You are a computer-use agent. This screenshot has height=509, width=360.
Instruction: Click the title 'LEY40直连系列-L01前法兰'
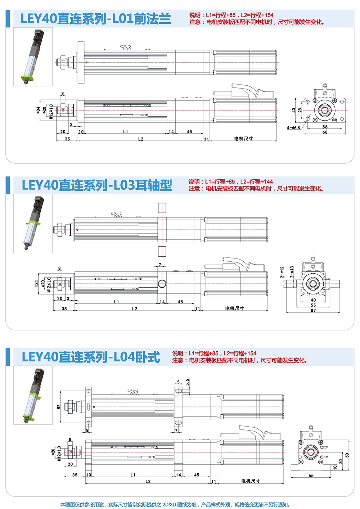tap(96, 19)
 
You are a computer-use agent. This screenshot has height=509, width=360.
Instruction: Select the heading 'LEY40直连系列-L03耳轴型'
tap(97, 185)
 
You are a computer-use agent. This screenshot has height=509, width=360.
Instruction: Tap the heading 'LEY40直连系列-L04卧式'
tap(91, 357)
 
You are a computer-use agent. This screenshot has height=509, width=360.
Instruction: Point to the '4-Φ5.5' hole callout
tap(293, 128)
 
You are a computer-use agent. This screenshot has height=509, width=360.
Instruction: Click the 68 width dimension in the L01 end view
tap(325, 132)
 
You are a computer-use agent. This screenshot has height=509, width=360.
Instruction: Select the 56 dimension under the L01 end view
tap(325, 127)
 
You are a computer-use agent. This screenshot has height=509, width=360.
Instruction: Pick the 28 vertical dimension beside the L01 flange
tap(300, 110)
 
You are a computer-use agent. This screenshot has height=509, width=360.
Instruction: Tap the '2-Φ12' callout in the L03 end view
tap(282, 272)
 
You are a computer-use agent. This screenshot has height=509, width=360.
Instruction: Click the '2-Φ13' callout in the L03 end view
tap(292, 272)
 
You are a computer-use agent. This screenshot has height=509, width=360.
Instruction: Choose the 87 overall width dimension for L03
tap(313, 310)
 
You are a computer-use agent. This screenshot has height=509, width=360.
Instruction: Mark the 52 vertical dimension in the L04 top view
tap(59, 407)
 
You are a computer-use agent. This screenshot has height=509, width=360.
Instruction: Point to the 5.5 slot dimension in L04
tap(187, 382)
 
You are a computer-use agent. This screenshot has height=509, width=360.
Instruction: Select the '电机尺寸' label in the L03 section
tap(235, 308)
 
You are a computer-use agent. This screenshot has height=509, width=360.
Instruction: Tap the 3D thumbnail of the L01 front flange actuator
tap(33, 57)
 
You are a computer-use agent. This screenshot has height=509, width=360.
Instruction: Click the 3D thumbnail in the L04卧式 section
tap(33, 395)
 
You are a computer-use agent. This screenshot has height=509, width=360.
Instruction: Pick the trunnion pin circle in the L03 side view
tap(162, 284)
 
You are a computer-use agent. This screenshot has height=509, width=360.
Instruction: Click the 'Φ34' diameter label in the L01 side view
tap(38, 110)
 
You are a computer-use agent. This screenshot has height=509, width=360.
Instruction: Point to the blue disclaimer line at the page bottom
tap(175, 504)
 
